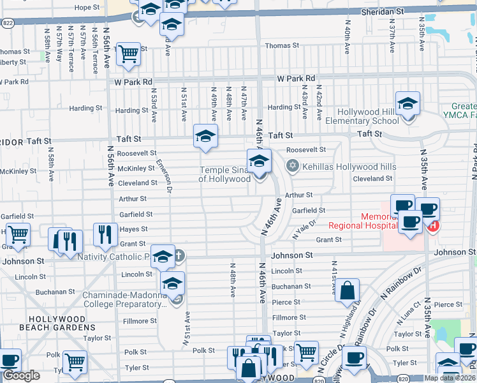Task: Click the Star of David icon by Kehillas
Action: pos(293,167)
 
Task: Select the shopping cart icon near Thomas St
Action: pos(129,54)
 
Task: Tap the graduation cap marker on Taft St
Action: pos(205,136)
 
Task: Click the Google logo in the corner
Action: pos(21,375)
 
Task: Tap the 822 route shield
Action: pos(8,22)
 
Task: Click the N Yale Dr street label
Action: pos(304,232)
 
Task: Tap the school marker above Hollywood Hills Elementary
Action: pos(407,103)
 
